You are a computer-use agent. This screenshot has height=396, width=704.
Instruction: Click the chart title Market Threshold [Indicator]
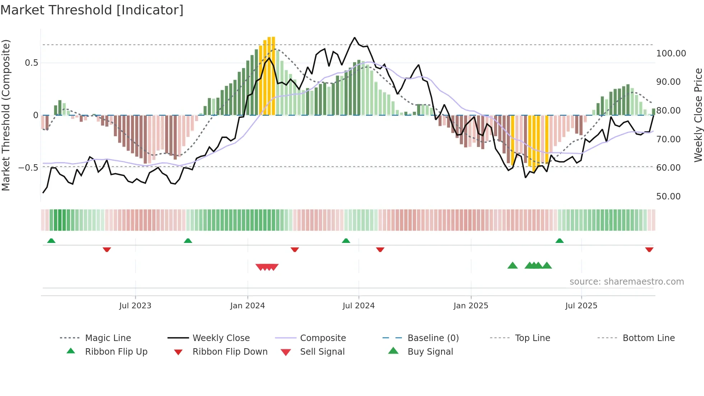[92, 10]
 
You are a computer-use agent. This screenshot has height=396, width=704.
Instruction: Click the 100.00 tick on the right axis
[671, 54]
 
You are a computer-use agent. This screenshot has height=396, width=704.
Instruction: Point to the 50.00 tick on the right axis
[668, 197]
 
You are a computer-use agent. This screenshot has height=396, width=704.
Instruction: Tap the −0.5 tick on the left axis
[28, 168]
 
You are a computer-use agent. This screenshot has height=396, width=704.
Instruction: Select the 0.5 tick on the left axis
[31, 63]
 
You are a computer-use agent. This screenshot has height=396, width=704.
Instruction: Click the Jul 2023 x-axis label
[135, 306]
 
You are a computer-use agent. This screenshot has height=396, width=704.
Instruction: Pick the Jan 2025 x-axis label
[471, 306]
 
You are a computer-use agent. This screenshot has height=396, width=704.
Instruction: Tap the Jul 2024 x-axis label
[358, 306]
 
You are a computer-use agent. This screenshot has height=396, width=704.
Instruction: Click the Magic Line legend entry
[108, 338]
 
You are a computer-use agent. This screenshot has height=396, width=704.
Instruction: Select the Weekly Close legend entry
[221, 338]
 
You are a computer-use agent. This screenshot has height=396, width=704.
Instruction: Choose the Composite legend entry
[323, 338]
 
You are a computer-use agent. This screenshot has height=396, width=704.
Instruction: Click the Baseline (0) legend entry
[433, 338]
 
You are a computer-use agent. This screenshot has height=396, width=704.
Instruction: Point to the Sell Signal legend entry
[322, 352]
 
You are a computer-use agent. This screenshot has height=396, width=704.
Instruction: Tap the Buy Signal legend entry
[430, 352]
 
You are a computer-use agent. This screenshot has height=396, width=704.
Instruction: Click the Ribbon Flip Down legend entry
[230, 352]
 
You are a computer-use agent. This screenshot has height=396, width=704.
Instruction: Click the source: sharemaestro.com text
[626, 282]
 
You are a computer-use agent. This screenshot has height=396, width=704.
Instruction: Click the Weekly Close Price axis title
[698, 115]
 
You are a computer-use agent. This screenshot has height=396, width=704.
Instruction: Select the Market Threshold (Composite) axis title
[6, 115]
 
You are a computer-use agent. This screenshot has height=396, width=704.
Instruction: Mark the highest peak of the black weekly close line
[355, 37]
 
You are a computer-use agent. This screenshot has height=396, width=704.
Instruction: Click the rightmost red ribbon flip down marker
[649, 249]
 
